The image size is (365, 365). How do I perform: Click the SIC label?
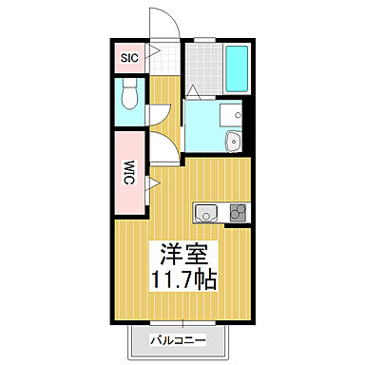coord(128,58)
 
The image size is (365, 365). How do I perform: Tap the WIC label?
coord(127,173)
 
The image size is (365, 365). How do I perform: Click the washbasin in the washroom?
coord(233,143)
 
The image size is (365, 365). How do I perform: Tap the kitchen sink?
coord(205,211)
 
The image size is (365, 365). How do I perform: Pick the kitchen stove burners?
coord(236,211)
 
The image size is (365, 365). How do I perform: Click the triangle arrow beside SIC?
coord(148,58)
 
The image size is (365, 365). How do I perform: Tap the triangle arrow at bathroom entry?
coord(193,91)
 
